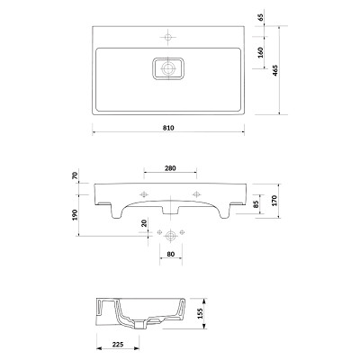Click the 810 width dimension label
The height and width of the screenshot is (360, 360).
coord(168,128)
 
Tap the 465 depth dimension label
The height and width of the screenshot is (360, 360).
coord(276,70)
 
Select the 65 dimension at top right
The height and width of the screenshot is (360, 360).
coord(261,17)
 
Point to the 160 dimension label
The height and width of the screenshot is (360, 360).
coord(260,52)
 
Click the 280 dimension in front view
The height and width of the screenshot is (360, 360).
coord(170,168)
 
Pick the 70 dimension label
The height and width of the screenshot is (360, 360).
coord(76,175)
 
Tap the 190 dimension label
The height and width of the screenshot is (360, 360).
coord(75,215)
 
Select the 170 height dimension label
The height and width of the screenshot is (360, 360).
coord(275,200)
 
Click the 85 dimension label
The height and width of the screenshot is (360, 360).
coord(256,204)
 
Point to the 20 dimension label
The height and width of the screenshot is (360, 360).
coord(144,223)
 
